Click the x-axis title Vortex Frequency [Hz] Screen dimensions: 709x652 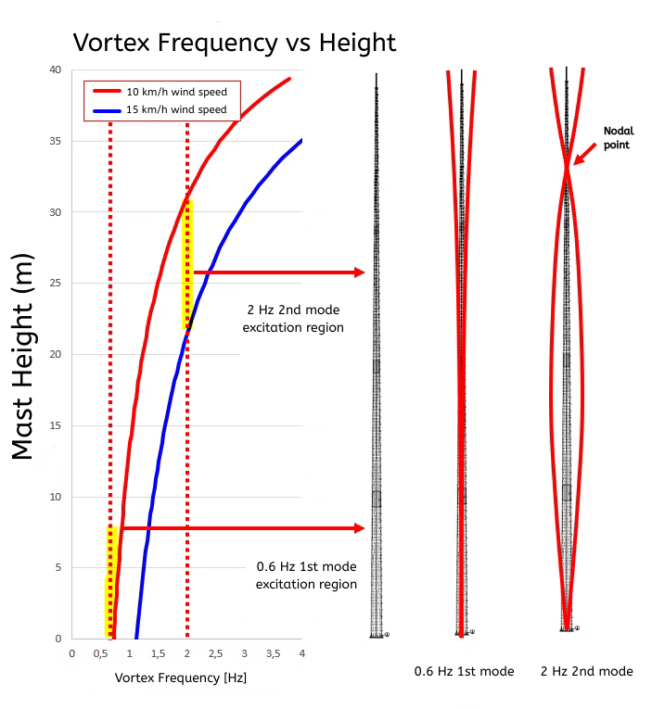pos(180,678)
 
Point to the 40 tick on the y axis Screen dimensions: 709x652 pos(55,70)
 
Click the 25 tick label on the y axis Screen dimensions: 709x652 pos(55,284)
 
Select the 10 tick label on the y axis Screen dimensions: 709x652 pos(55,497)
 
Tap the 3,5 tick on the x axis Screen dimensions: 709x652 pos(273,653)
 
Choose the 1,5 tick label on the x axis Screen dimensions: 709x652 pos(159,653)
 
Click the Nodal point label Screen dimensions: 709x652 pos(618,138)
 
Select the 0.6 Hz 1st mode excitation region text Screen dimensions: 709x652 pos(306,575)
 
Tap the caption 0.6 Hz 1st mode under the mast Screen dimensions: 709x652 pos(464,671)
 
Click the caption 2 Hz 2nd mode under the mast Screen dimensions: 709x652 pos(586,671)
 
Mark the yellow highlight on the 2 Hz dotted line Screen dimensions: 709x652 pos(187,264)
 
